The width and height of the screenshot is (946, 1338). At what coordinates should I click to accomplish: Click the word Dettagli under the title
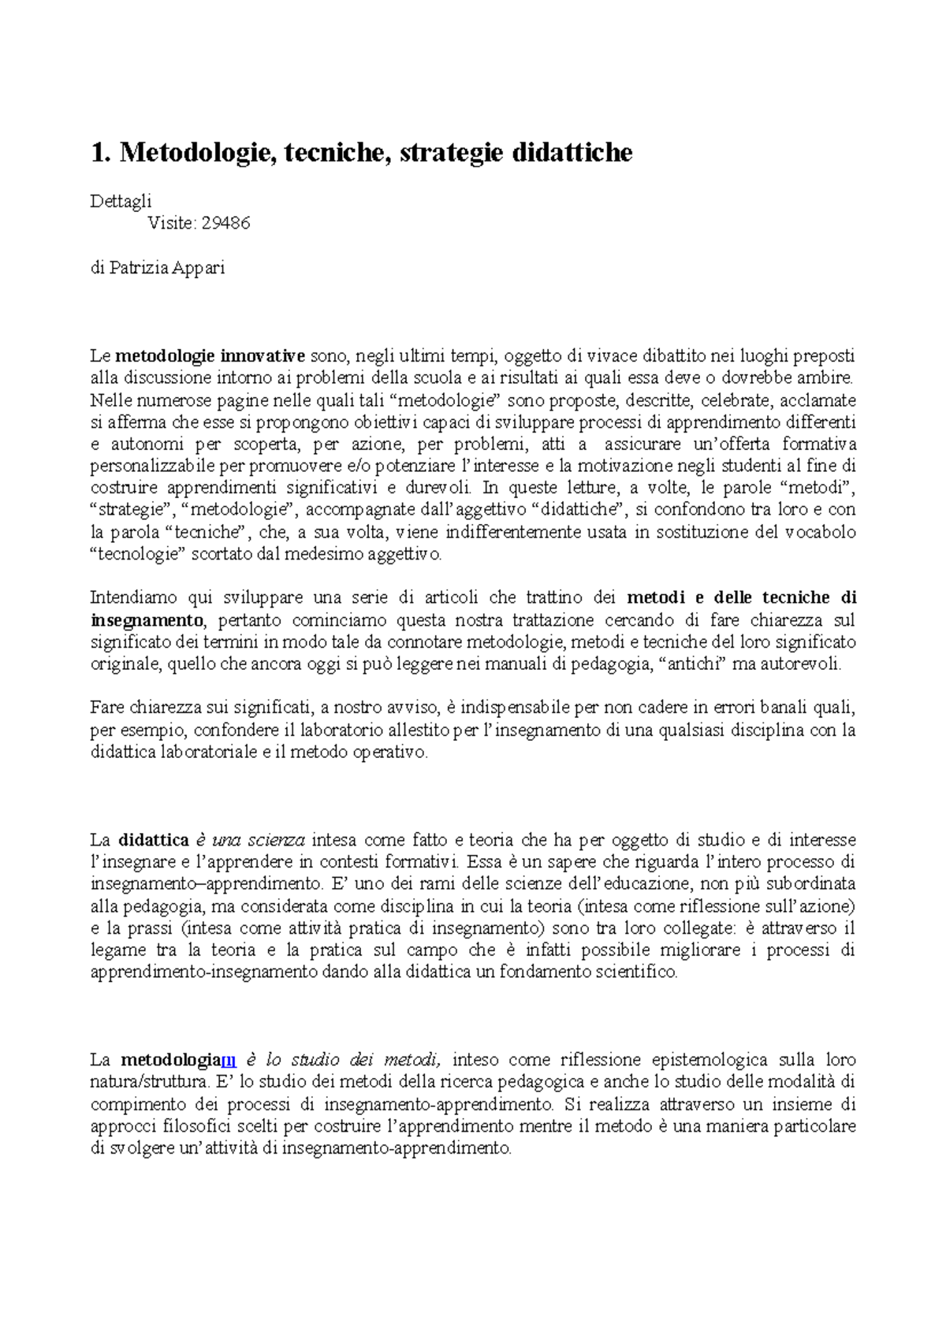[121, 202]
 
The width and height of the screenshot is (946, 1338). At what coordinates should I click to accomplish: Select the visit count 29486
[225, 223]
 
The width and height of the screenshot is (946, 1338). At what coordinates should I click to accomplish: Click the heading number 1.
[99, 152]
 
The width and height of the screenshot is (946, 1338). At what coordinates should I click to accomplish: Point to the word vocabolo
[819, 532]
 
